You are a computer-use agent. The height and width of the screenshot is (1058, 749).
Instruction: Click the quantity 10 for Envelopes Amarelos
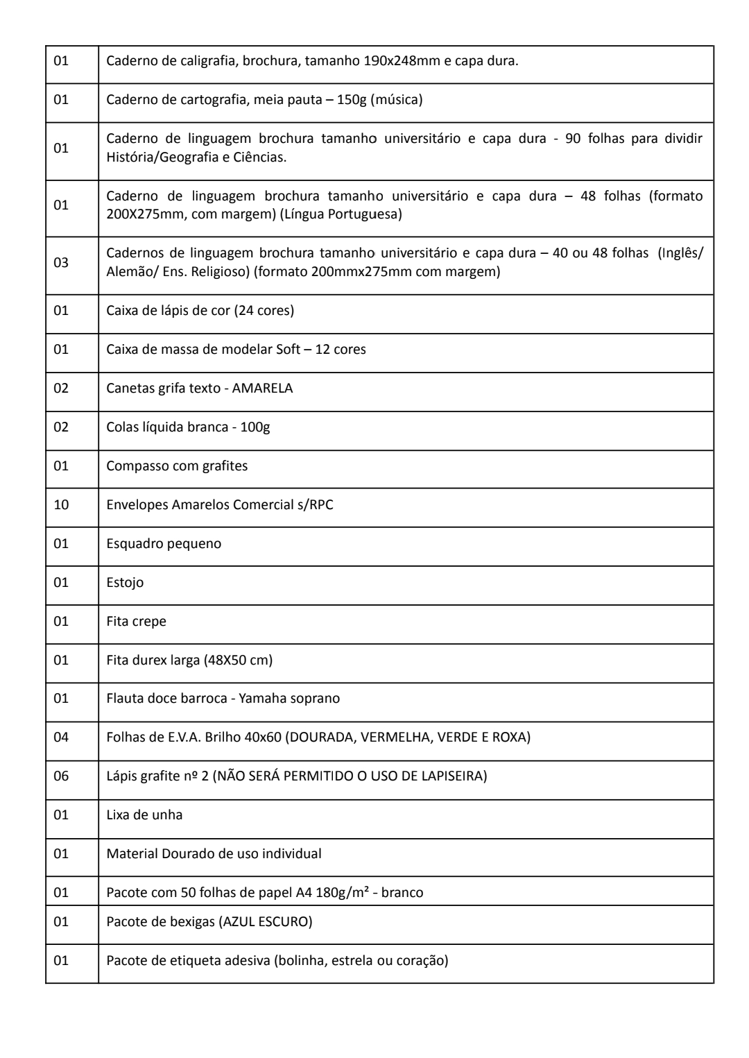point(61,504)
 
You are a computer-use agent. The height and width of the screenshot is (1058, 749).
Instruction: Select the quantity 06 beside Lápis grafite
point(61,776)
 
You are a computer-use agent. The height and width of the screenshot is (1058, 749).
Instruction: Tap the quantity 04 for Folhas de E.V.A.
point(61,737)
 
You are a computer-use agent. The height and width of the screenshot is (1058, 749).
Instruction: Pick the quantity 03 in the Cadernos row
point(61,263)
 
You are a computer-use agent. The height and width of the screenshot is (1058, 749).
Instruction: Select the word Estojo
point(125,582)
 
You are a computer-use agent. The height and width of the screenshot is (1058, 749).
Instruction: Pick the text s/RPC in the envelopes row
point(315,504)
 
